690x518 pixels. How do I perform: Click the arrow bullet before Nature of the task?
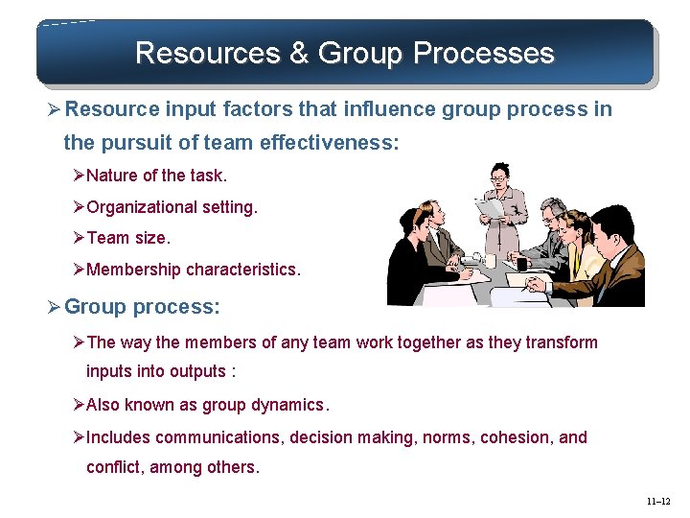80,176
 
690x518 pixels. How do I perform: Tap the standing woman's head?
500,177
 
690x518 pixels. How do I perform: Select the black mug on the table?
521,262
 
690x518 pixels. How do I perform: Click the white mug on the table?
490,260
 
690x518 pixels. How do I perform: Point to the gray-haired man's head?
553,212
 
